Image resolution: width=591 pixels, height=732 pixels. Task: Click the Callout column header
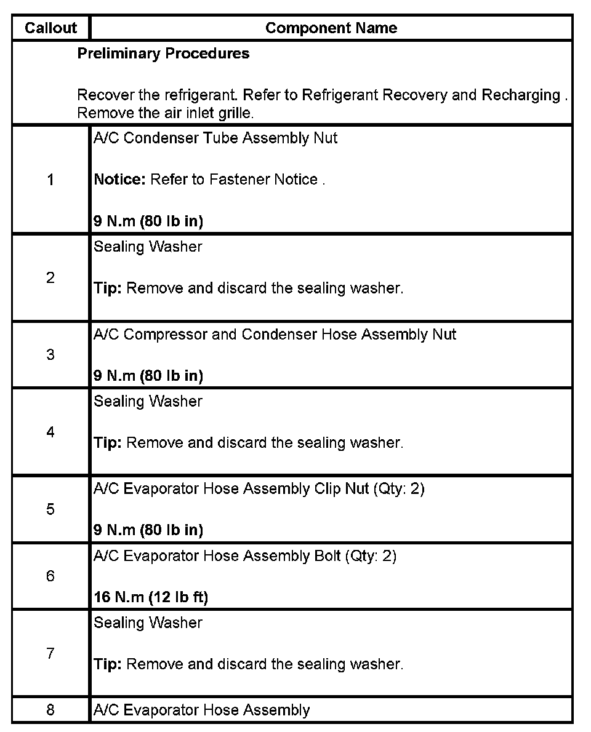50,28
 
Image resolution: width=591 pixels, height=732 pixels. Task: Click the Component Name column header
331,28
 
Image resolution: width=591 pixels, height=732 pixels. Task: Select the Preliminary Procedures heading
163,54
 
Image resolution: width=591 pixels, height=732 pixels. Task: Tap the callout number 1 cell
50,180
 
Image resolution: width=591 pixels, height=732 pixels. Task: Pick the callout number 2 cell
50,277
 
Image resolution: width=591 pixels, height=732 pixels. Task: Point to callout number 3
50,355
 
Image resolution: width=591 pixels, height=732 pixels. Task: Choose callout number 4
50,432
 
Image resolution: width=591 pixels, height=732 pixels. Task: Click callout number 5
50,509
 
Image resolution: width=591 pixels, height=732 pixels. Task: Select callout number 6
50,576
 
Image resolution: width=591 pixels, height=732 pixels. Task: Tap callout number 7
50,653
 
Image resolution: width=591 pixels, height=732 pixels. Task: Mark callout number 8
50,710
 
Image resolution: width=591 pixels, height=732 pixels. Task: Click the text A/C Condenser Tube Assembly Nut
215,138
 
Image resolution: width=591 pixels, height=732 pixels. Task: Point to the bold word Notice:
119,180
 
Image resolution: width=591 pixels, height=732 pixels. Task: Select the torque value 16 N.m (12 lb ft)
151,597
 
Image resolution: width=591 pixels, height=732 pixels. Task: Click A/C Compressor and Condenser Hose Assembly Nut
275,335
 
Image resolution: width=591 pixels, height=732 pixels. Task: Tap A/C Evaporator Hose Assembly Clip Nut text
259,489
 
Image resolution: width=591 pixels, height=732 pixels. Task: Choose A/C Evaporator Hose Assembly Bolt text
244,556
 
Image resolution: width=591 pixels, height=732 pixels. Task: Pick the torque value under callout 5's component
148,530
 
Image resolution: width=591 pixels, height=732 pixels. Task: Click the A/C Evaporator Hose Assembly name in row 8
201,710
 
